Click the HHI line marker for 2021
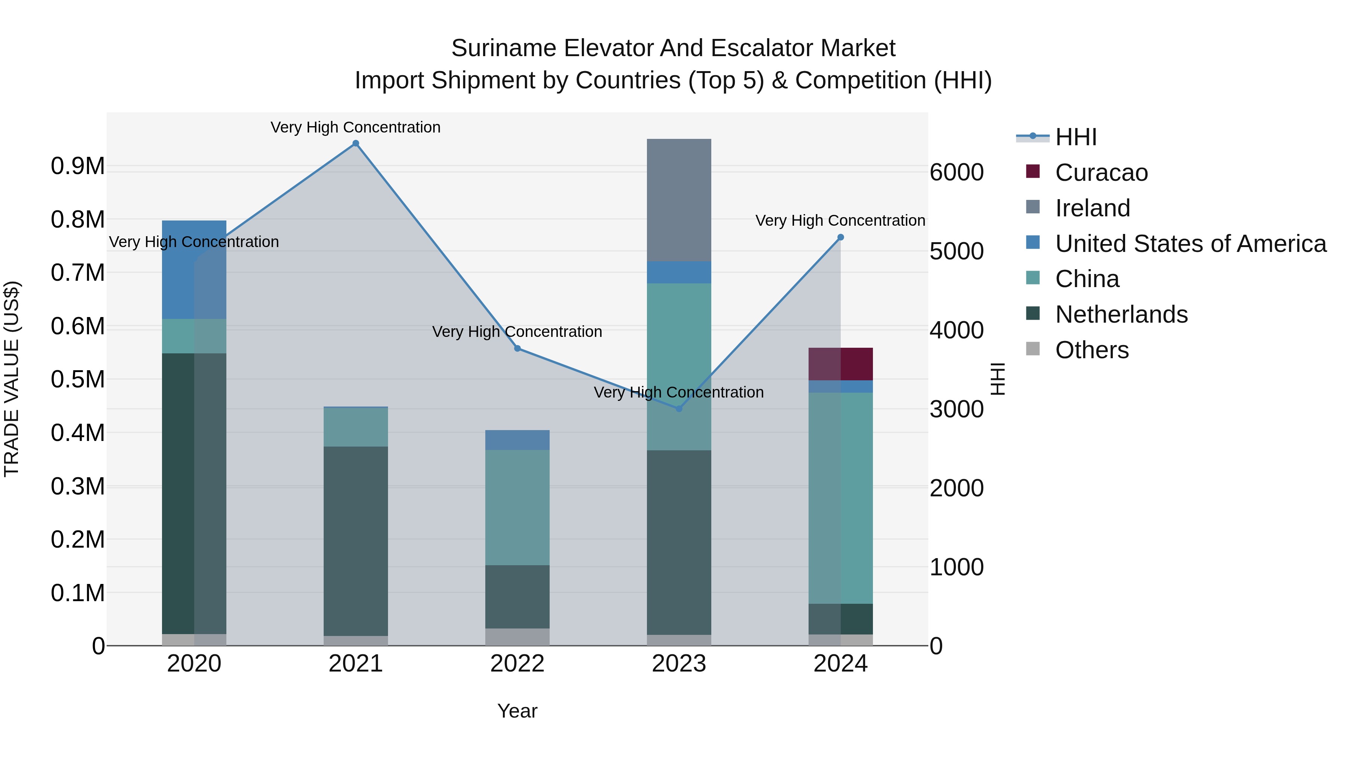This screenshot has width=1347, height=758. point(355,143)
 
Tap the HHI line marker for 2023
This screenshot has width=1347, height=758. point(679,408)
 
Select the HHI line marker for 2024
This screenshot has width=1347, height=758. point(840,237)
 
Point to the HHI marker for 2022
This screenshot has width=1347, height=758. point(517,348)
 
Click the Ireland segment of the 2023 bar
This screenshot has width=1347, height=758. point(679,200)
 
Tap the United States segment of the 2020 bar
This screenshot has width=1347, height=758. point(194,270)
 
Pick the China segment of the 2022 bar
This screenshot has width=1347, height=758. point(517,508)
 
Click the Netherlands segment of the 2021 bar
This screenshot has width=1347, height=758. point(355,541)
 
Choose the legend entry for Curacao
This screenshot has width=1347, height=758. point(1101,173)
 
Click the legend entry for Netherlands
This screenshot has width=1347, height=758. point(1121,314)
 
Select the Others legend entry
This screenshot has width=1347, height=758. point(1091,350)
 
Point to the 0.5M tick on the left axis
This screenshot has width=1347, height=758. point(77,379)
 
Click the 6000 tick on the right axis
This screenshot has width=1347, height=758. point(956,172)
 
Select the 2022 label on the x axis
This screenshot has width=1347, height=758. point(517,664)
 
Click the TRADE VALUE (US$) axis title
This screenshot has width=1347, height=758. point(12,379)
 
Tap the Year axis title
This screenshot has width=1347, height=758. point(517,711)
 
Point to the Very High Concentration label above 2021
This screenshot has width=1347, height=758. point(355,127)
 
